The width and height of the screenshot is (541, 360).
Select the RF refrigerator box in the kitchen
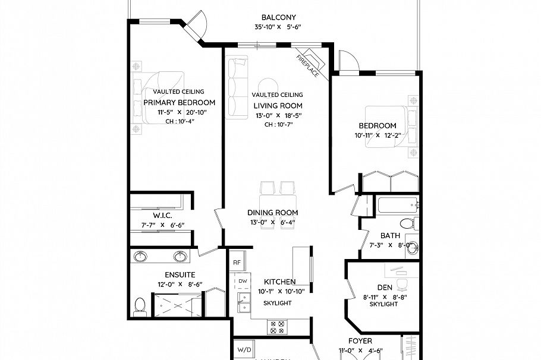(x=237, y=262)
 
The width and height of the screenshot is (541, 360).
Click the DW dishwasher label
(x=243, y=280)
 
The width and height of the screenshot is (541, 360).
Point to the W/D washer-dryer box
(x=244, y=349)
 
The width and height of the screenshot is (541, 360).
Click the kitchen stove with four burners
(x=277, y=326)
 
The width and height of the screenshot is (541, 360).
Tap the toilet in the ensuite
(x=140, y=306)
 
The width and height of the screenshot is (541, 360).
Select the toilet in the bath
(x=407, y=223)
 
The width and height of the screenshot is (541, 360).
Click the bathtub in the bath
(x=397, y=207)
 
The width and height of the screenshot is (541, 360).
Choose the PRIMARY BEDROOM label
(x=179, y=102)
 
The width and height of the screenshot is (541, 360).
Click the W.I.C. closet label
(x=162, y=215)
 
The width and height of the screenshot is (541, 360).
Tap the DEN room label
(x=385, y=288)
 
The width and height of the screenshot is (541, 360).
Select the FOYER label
(x=360, y=341)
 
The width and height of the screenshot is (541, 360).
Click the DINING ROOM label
(x=273, y=213)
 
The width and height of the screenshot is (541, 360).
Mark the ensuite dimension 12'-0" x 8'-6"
(x=180, y=285)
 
